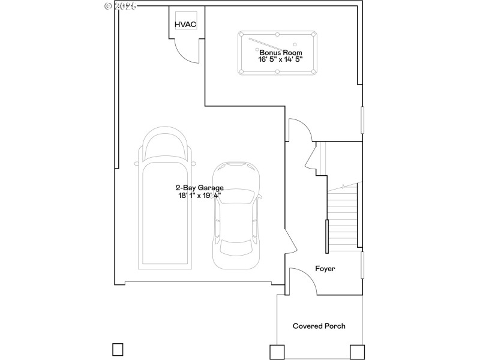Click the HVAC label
tap(185, 24)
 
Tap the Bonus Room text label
tap(277, 52)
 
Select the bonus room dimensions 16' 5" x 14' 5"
tap(277, 59)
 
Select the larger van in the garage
tap(165, 198)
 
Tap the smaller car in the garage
tap(236, 216)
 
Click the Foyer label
tap(325, 269)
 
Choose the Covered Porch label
tap(319, 326)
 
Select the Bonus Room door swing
tap(299, 130)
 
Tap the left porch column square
tap(277, 352)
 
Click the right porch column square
tap(357, 352)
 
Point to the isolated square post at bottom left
tap(118, 349)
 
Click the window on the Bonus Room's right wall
tap(362, 120)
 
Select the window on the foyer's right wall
tap(362, 265)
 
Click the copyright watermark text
tap(121, 5)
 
